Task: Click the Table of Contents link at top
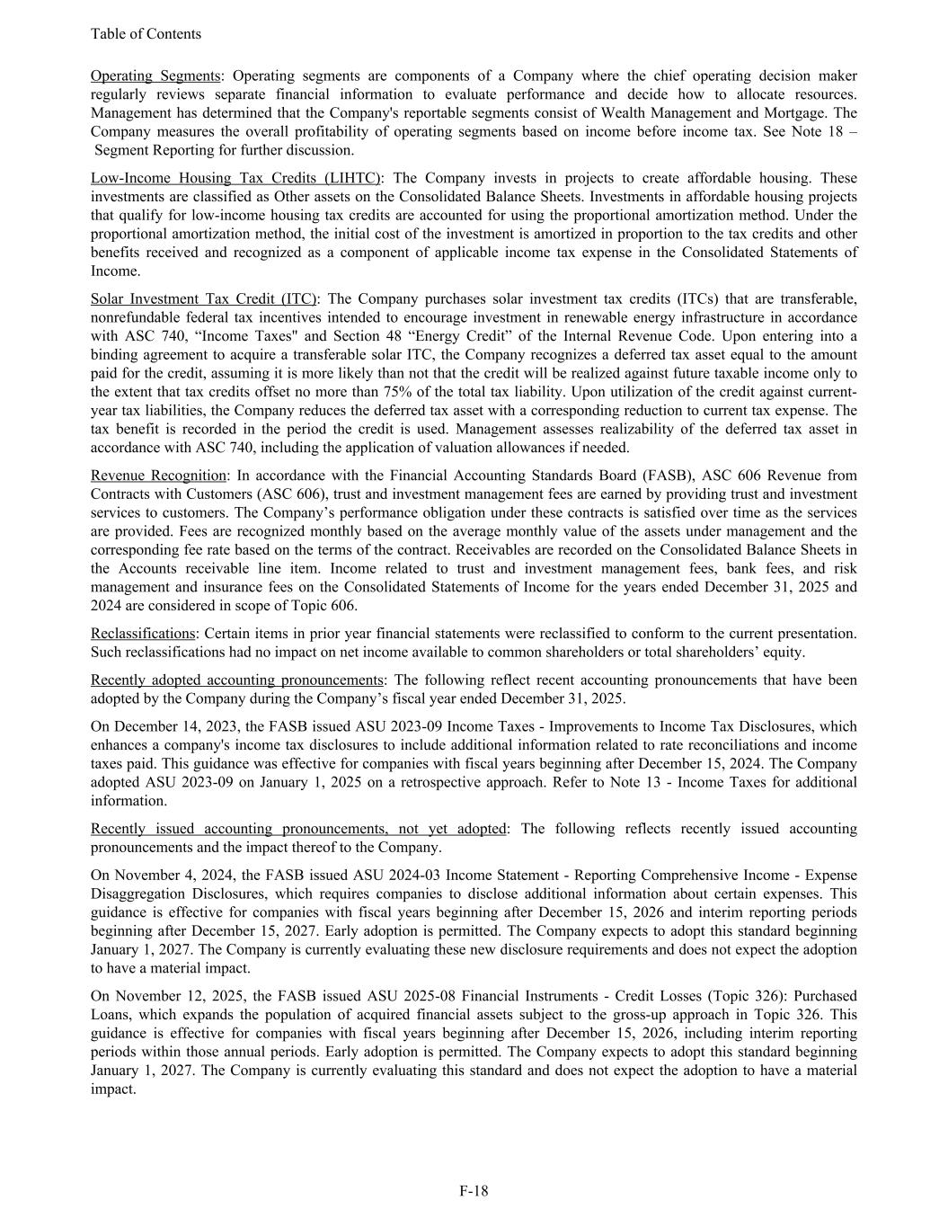click(146, 34)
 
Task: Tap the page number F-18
click(474, 1191)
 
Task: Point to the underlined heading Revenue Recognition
click(158, 475)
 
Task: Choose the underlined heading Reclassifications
click(142, 634)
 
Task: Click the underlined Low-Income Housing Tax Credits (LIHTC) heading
click(235, 178)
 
